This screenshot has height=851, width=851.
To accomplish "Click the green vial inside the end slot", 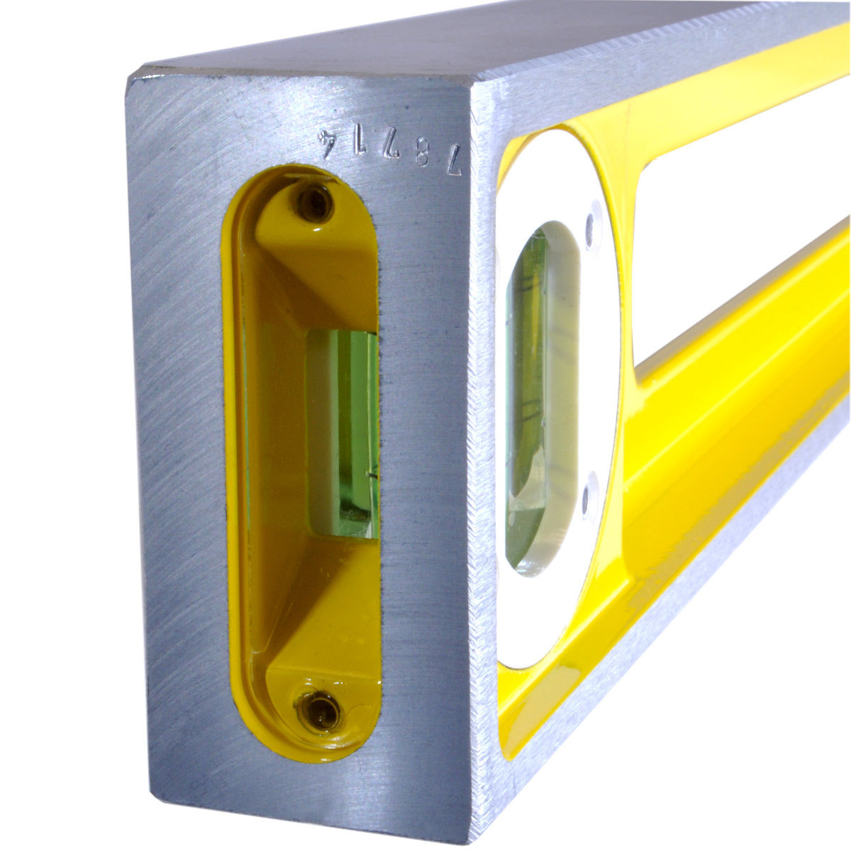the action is click(343, 435).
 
